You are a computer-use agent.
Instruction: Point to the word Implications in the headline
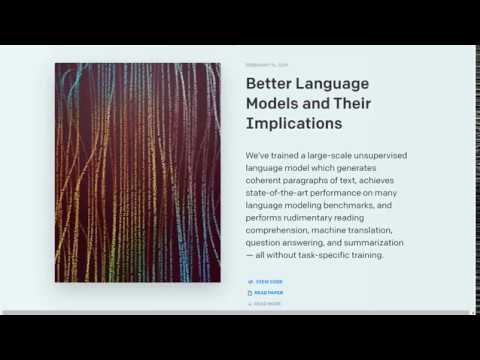pyautogui.click(x=294, y=124)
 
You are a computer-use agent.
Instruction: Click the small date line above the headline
pyautogui.click(x=266, y=65)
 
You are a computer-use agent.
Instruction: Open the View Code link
pyautogui.click(x=269, y=281)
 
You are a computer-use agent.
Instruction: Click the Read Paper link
pyautogui.click(x=269, y=293)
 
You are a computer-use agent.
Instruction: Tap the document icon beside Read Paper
pyautogui.click(x=250, y=293)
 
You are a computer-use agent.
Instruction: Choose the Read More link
pyautogui.click(x=268, y=303)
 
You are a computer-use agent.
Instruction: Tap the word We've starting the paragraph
pyautogui.click(x=259, y=155)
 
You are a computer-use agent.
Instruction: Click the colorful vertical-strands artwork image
pyautogui.click(x=138, y=173)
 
